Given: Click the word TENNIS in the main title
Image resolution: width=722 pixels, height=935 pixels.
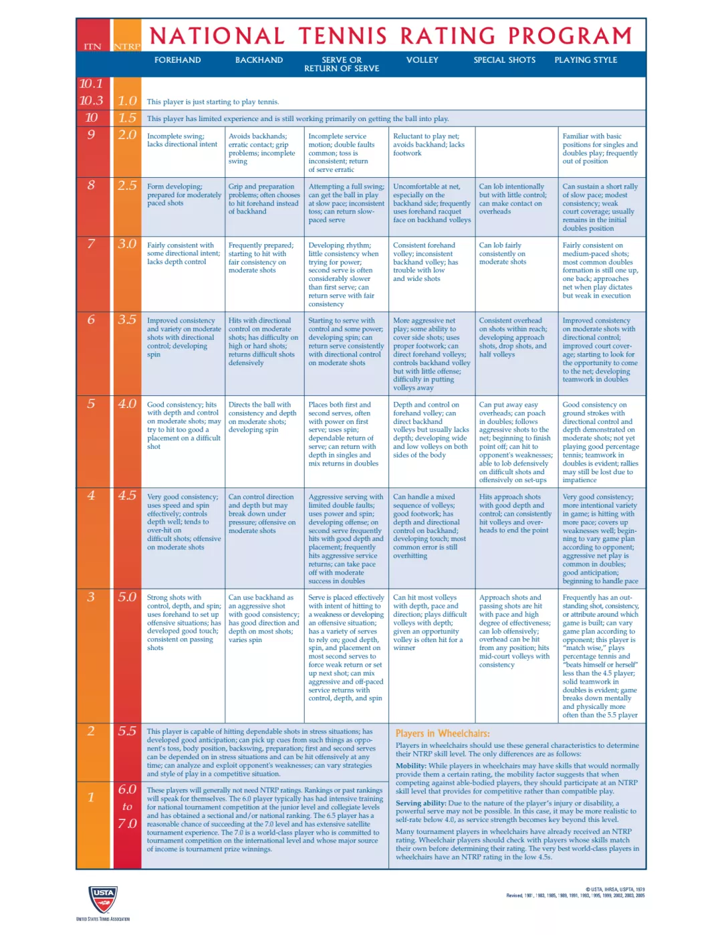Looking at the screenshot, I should tap(342, 35).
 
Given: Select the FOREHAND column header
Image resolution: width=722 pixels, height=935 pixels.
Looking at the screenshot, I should tap(177, 60).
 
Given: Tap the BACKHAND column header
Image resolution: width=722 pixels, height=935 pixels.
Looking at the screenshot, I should tap(259, 60).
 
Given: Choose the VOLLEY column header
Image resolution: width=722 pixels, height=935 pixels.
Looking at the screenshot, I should tap(422, 60).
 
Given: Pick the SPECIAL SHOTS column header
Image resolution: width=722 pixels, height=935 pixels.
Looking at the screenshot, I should tap(504, 60).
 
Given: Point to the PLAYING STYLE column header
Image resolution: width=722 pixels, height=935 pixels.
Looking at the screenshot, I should tap(586, 60).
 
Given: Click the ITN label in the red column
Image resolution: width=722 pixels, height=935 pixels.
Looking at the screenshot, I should tap(92, 47).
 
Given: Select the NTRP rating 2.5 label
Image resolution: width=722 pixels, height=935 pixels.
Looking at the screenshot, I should tap(127, 185).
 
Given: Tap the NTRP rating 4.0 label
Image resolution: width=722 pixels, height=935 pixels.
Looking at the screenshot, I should tap(127, 404).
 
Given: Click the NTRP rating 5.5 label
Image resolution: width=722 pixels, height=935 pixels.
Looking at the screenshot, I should tap(127, 731).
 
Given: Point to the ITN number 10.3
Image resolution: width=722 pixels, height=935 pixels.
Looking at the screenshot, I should tap(92, 100).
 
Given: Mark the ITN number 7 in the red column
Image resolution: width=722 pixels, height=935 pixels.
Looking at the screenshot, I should tap(92, 243).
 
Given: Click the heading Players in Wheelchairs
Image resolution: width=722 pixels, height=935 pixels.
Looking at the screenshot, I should tap(443, 734).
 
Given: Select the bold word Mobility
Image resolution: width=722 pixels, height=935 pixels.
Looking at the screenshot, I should tap(410, 766).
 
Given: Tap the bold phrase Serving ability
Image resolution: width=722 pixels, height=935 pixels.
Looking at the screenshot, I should tap(420, 803).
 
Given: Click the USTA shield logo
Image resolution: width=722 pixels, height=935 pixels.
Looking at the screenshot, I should tap(103, 899).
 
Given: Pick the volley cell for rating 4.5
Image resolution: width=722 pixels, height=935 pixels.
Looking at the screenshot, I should tap(431, 526).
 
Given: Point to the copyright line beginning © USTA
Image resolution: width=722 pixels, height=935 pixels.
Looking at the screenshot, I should tap(615, 890).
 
